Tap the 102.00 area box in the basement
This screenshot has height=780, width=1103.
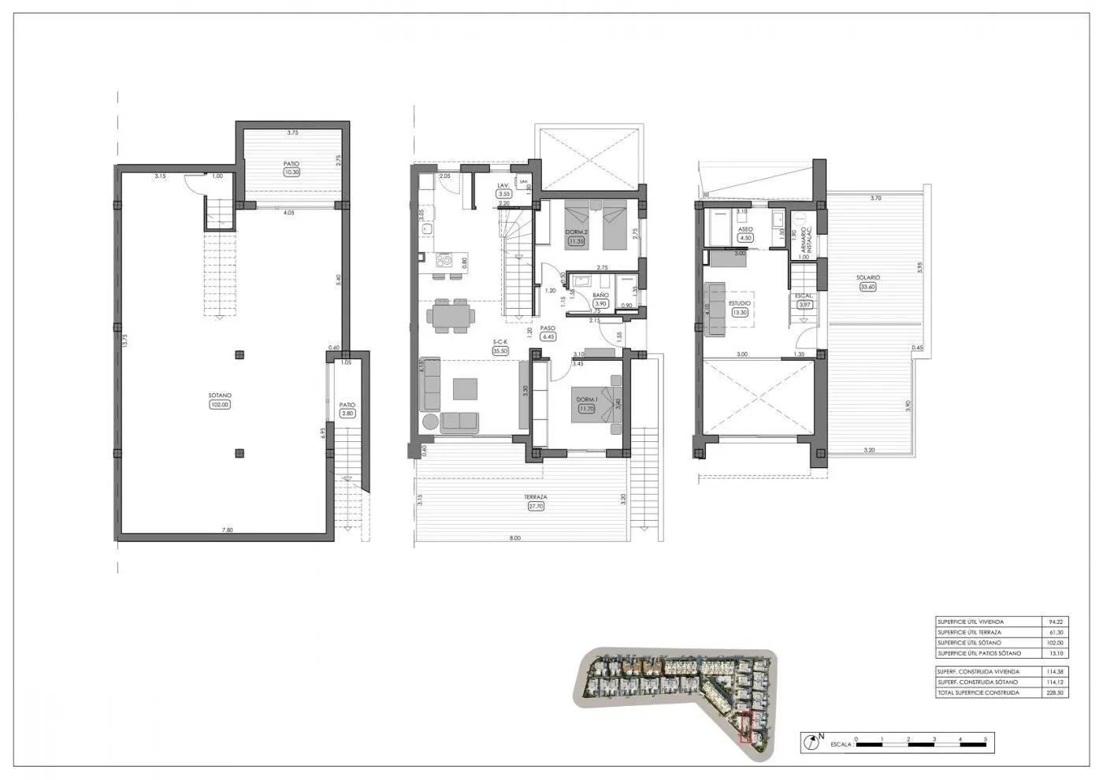219,405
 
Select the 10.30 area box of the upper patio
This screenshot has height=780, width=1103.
292,172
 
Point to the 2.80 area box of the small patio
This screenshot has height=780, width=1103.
347,413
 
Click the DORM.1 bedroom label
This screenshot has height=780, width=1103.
585,400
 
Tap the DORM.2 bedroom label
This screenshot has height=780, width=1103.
577,232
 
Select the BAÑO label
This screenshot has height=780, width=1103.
601,295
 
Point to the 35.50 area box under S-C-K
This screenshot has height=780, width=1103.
500,351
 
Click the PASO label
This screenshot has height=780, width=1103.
548,328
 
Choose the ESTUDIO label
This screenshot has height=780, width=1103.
740,303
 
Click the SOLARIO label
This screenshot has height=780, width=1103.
869,277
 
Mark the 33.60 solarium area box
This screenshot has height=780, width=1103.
869,287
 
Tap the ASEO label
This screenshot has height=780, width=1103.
745,229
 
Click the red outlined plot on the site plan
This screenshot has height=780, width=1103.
748,727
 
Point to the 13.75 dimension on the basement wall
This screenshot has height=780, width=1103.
124,340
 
